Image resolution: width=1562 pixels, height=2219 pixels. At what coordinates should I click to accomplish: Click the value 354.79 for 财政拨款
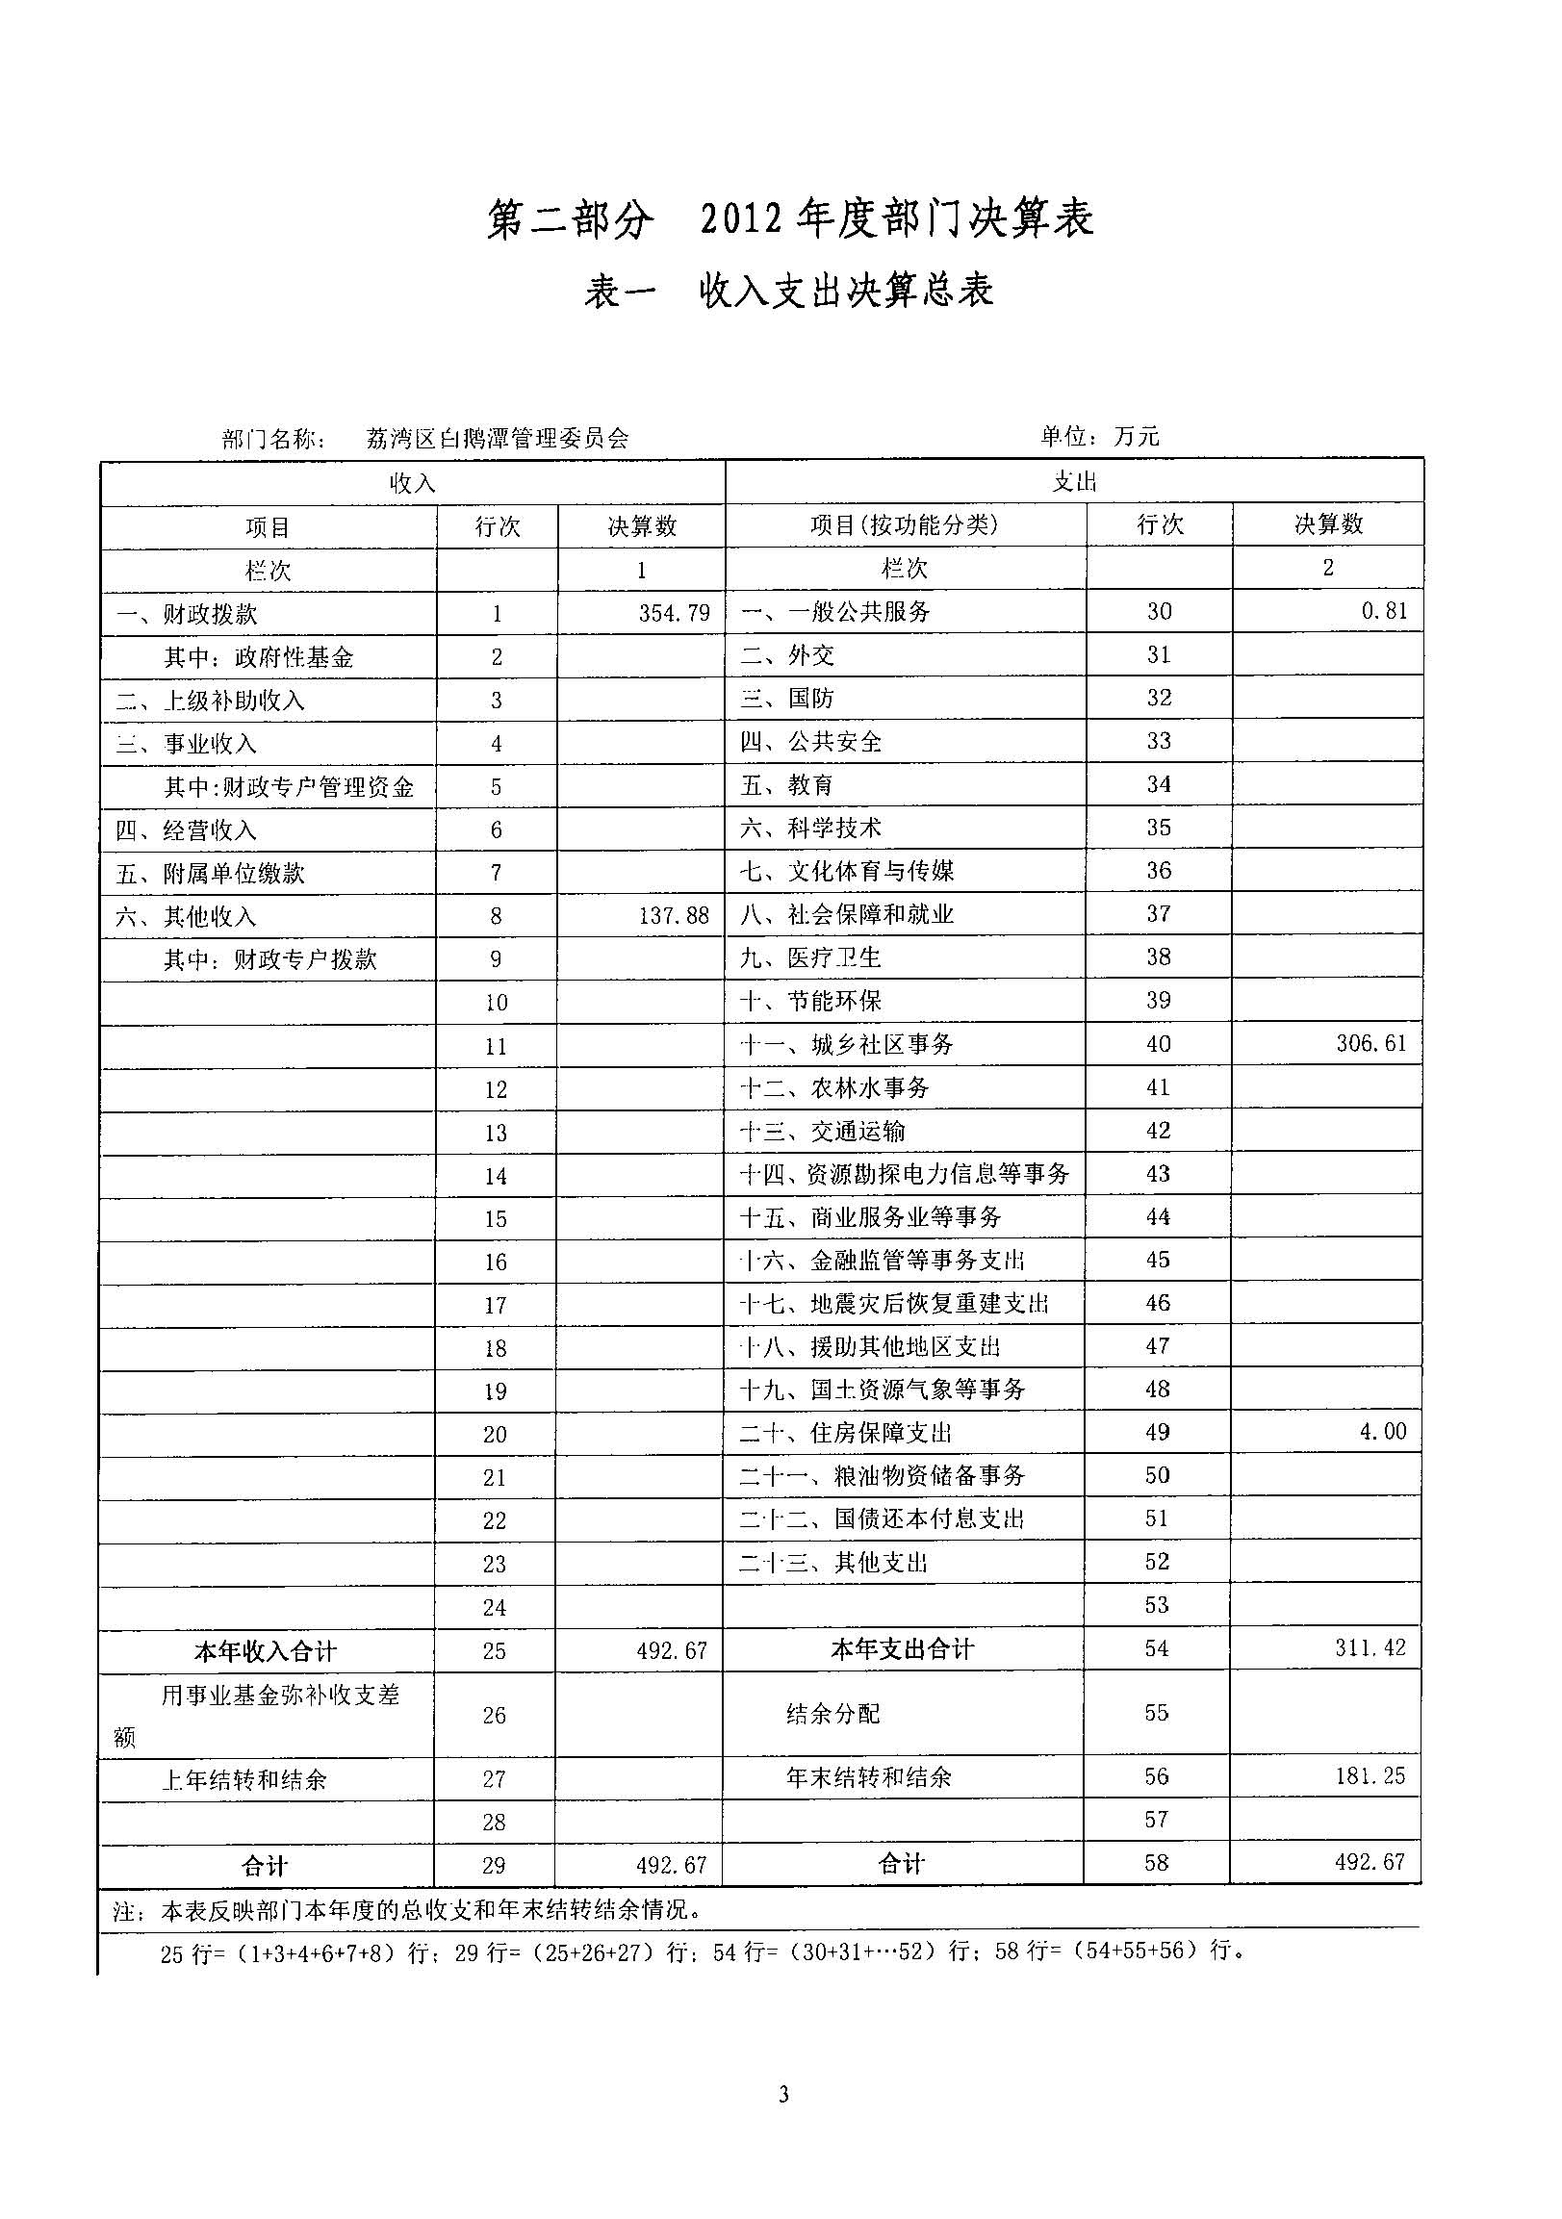pos(674,613)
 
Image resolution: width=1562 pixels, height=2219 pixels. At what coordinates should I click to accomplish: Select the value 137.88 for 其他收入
pos(674,915)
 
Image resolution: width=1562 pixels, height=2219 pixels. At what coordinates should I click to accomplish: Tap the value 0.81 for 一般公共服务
pos(1384,611)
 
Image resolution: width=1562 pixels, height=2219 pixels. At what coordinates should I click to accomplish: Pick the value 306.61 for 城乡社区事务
pos(1371,1043)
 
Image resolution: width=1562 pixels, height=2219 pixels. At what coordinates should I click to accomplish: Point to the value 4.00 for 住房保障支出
pos(1383,1431)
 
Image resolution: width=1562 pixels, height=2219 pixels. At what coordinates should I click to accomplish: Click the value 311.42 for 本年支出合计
pos(1370,1647)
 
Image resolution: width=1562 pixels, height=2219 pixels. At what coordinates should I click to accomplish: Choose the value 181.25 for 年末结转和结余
pos(1370,1775)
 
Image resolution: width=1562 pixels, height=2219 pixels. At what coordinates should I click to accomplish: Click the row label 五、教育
pos(786,785)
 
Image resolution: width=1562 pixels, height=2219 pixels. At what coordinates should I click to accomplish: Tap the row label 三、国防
pos(786,698)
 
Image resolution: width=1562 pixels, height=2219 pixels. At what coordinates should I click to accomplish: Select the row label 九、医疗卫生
pos(810,957)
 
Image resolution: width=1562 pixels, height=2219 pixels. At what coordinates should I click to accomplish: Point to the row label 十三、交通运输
pos(822,1131)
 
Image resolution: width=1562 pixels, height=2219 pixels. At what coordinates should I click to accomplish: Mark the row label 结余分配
pos(833,1714)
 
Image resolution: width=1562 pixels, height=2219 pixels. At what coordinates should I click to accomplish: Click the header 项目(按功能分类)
pos(904,524)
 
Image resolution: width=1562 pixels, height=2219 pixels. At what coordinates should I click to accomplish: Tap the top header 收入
pos(413,482)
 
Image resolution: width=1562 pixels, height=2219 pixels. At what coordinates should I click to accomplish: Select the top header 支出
pos(1074,481)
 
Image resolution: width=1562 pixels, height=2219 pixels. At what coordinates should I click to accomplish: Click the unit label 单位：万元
pos(1099,437)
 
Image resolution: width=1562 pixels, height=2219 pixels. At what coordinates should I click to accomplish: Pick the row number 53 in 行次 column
pos(1157,1604)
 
